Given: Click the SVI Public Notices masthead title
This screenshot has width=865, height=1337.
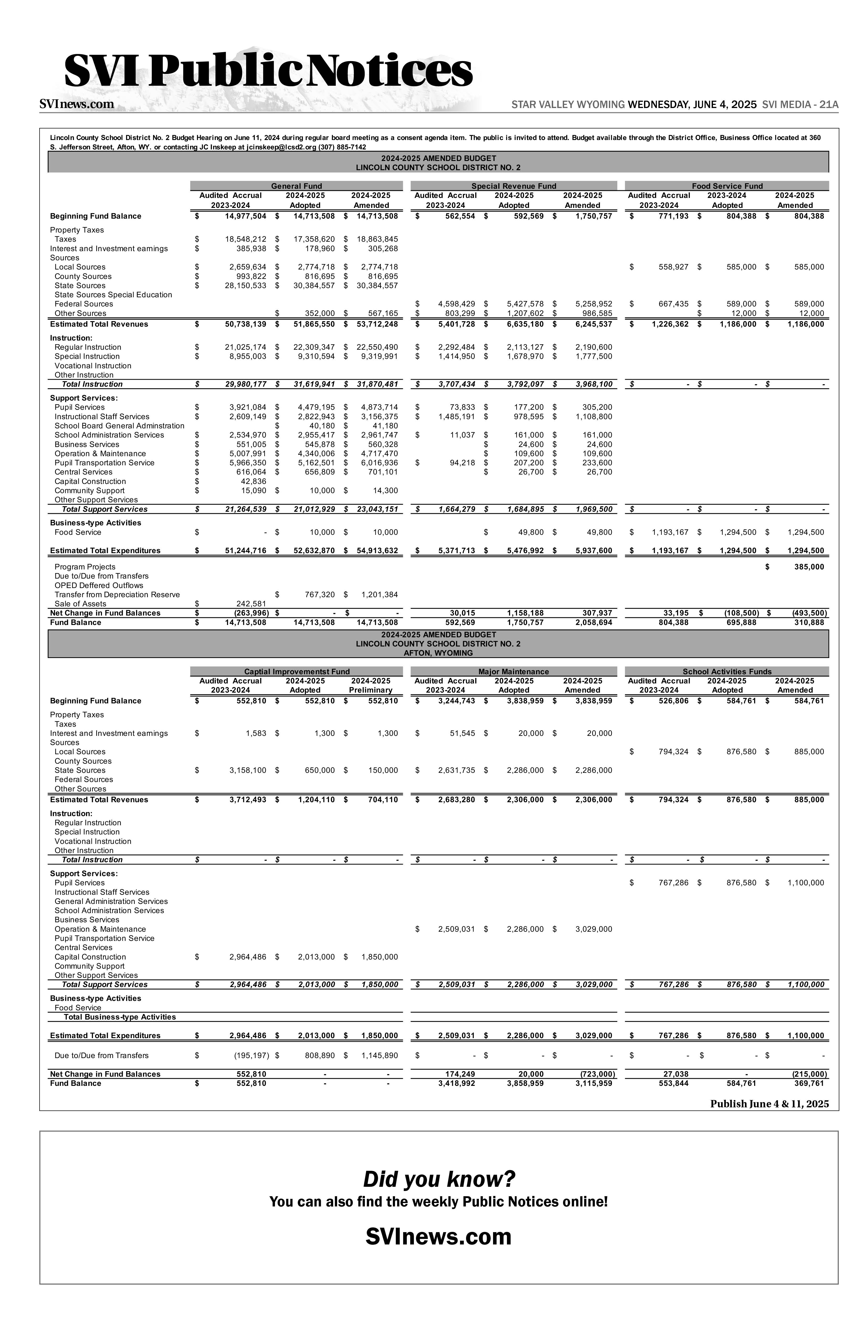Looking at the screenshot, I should coord(268,71).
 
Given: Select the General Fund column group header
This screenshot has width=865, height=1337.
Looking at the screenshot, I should coord(296,186).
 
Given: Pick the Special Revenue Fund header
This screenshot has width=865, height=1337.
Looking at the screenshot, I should coord(513,186).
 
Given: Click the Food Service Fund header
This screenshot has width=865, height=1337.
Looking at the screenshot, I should coord(727,186).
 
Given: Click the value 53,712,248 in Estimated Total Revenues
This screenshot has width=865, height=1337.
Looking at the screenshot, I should coord(377,324).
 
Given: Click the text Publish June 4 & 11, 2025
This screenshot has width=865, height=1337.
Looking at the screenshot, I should coord(769,1104).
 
